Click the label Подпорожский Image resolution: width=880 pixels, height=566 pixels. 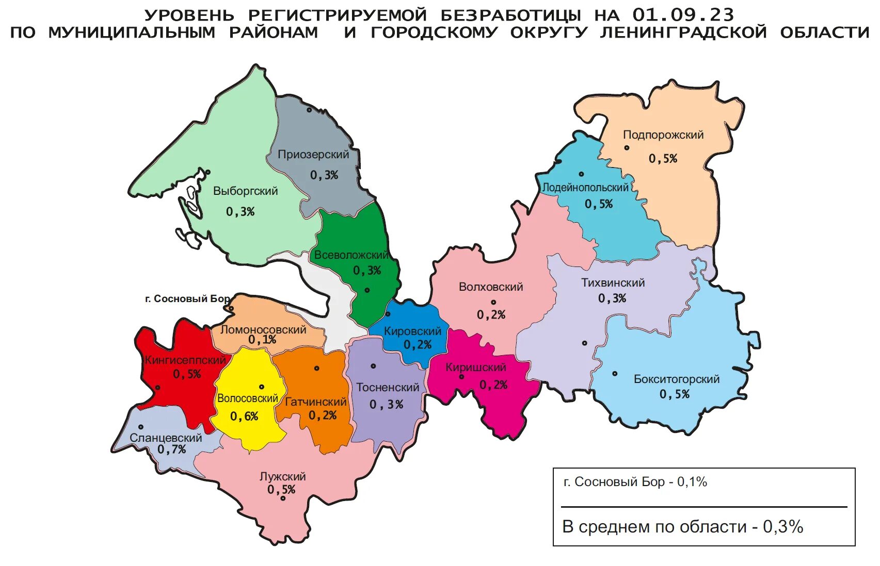coord(663,135)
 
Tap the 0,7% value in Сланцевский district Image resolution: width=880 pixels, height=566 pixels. coord(171,450)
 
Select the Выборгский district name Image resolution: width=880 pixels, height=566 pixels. coord(245,191)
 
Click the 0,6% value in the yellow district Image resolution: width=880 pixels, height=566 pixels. coord(244,417)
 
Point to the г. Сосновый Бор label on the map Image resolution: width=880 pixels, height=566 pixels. coord(187,299)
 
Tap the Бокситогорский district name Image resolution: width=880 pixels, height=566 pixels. coord(676,379)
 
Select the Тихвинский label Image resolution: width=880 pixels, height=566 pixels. coord(613,283)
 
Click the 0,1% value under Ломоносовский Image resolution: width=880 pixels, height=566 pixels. coord(262,340)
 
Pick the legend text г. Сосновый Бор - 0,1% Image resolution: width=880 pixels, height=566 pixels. coord(635,482)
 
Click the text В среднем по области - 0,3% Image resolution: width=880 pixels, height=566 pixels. coord(682,527)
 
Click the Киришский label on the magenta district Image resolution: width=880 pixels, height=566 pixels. coord(476,368)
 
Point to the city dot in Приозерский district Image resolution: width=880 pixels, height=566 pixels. coord(309,110)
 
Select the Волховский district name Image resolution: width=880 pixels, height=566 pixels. coord(491,287)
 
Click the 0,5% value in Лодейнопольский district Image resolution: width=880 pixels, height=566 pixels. coord(599,204)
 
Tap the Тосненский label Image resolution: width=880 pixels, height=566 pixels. coord(388,388)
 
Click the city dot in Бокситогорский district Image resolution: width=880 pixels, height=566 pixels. coord(615,374)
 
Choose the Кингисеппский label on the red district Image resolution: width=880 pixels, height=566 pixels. coord(185,360)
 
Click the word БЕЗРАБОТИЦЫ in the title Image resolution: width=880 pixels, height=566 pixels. coord(511,14)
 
